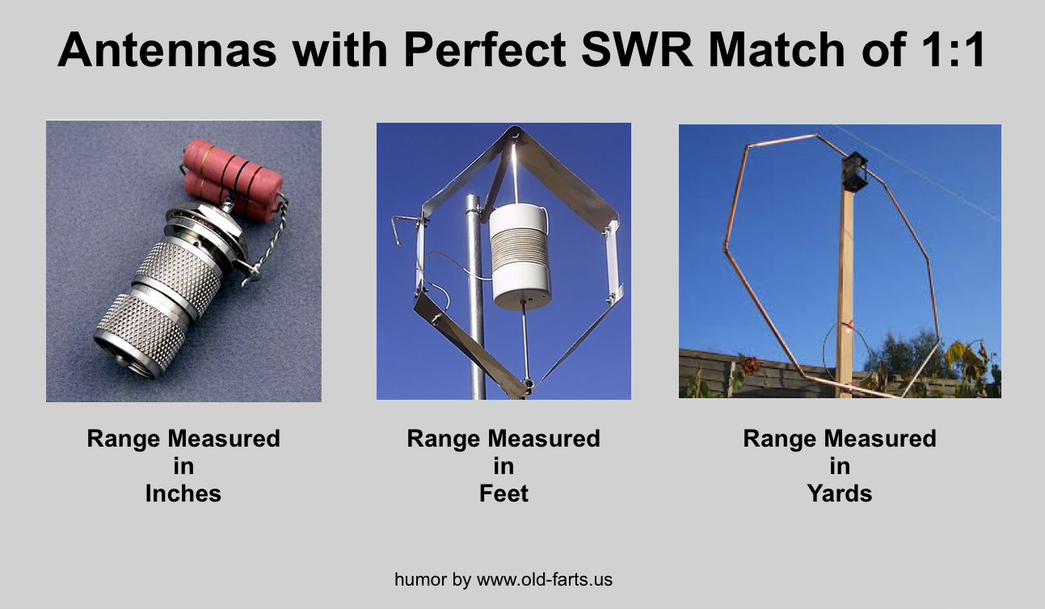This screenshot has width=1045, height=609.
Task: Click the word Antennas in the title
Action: (x=167, y=49)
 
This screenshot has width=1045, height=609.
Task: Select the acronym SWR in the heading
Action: (x=637, y=49)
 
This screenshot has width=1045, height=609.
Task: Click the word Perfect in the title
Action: (x=485, y=49)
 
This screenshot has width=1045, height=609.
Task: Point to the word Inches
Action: (x=183, y=493)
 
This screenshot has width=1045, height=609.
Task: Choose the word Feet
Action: (x=504, y=493)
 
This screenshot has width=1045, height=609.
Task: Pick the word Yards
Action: (x=839, y=493)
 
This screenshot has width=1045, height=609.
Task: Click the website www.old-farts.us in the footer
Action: (x=545, y=580)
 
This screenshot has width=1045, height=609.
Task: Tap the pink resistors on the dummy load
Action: (x=232, y=178)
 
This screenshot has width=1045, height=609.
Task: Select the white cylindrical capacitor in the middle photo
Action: (x=520, y=257)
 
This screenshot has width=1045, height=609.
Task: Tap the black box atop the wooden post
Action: (x=854, y=171)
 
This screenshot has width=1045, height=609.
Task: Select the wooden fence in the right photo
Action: (x=765, y=373)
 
